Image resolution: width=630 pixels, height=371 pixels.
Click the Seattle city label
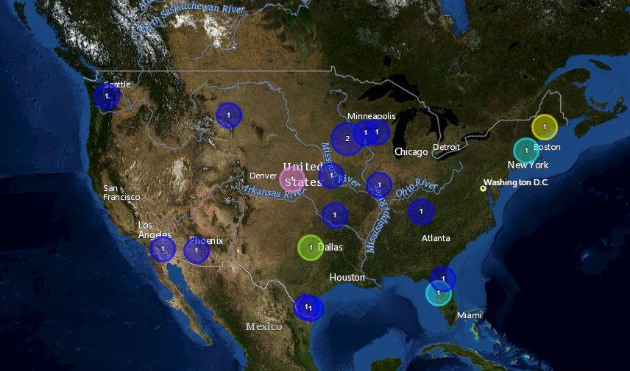pos(117,84)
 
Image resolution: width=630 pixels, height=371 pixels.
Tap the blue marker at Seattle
pos(107,96)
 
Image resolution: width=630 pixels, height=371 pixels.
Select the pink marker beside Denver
pos(292,179)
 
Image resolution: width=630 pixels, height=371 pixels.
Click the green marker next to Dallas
pos(311,248)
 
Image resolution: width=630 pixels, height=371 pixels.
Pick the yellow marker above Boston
pos(545,127)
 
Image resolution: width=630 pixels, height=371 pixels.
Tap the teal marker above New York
pos(526,150)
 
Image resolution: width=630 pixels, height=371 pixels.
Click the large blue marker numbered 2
pos(347,138)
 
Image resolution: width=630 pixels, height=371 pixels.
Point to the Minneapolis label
pos(372,116)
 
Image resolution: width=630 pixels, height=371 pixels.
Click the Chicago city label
pos(411,152)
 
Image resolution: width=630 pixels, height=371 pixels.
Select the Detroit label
pos(446,147)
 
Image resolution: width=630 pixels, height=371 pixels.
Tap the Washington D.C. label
pos(516,182)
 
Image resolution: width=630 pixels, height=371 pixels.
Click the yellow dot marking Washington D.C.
pos(484,189)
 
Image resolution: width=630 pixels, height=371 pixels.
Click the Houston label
pos(347,277)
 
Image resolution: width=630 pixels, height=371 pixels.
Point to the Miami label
pos(469,315)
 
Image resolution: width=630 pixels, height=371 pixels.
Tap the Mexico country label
pos(264,326)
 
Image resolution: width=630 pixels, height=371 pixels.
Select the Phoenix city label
pos(206,240)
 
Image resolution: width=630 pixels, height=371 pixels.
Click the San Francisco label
pos(121,192)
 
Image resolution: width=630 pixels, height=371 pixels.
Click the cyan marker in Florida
pos(439,293)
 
